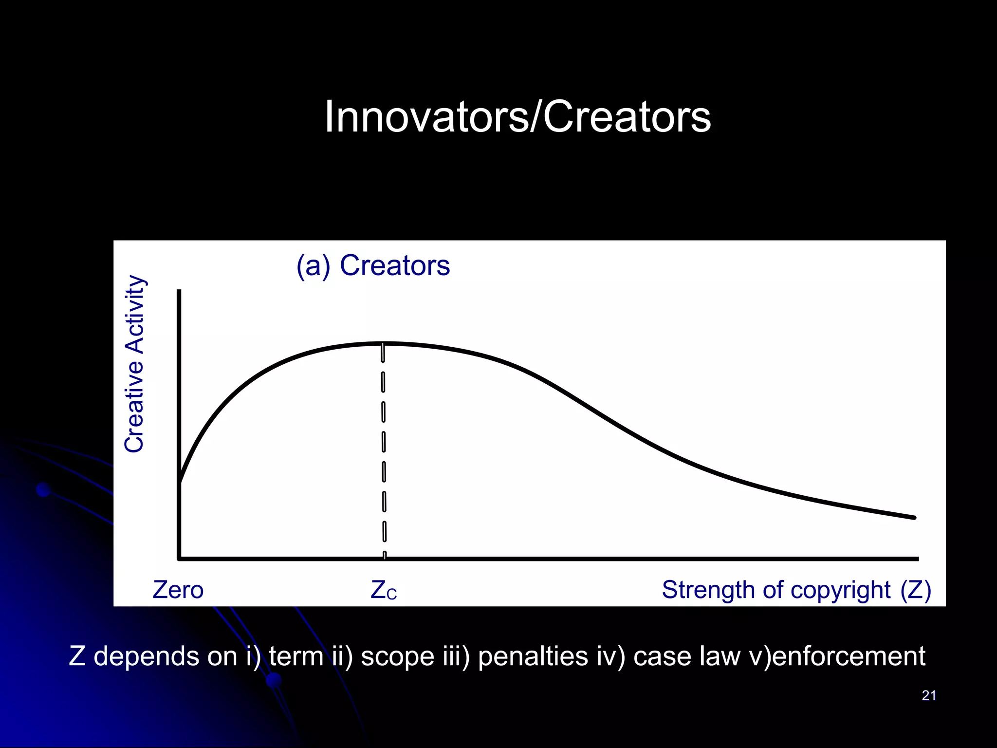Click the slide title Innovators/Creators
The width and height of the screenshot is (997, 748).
coord(517,117)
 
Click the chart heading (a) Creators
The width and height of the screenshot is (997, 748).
coord(373,266)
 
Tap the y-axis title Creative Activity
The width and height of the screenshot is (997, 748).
coord(134,364)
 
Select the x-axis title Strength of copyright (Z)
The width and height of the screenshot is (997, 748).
coord(796,590)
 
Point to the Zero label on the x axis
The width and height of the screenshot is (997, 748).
coord(178,590)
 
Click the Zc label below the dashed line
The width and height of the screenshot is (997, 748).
coord(384,590)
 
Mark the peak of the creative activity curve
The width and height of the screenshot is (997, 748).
coord(383,344)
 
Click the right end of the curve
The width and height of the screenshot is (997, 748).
coord(914,518)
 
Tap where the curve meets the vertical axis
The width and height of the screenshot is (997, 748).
coord(180,482)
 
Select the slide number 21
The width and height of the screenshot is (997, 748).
coord(929,695)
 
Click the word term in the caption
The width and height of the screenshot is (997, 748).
coord(296,656)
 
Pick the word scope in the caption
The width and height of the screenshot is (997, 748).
coord(397,656)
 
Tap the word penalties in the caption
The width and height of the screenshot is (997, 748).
coord(533,656)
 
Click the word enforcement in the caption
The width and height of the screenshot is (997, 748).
coord(849,656)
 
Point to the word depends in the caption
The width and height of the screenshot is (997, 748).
coord(146,656)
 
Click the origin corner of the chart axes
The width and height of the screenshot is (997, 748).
coord(179,559)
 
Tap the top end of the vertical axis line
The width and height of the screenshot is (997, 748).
coord(179,291)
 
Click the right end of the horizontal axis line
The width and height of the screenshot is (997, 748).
coord(917,559)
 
